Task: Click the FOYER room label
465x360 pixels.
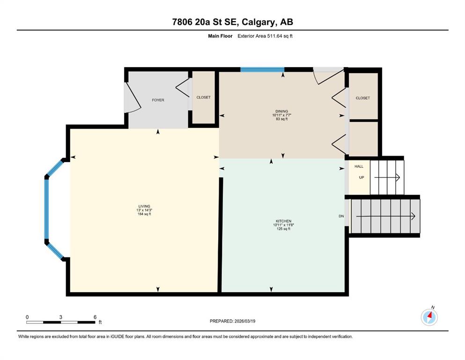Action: [158, 100]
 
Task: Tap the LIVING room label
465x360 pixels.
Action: [144, 206]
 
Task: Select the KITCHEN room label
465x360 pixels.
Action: [283, 221]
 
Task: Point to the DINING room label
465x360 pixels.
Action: [282, 111]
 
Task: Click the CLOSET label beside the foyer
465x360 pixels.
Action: [203, 97]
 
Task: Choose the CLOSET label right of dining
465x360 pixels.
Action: [363, 98]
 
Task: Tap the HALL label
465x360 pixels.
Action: [359, 166]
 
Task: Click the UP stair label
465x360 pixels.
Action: [362, 178]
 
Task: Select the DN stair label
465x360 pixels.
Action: [341, 216]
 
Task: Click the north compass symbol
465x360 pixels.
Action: [429, 317]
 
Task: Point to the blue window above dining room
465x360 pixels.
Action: [262, 70]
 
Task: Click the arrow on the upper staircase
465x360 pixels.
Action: [387, 178]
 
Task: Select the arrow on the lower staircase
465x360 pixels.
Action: [385, 217]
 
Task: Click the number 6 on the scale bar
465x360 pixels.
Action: [95, 317]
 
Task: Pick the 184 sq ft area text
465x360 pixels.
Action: [144, 214]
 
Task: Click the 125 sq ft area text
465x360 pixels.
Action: [283, 229]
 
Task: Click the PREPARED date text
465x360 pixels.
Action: [232, 321]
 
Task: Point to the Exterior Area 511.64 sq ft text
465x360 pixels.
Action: [265, 36]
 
